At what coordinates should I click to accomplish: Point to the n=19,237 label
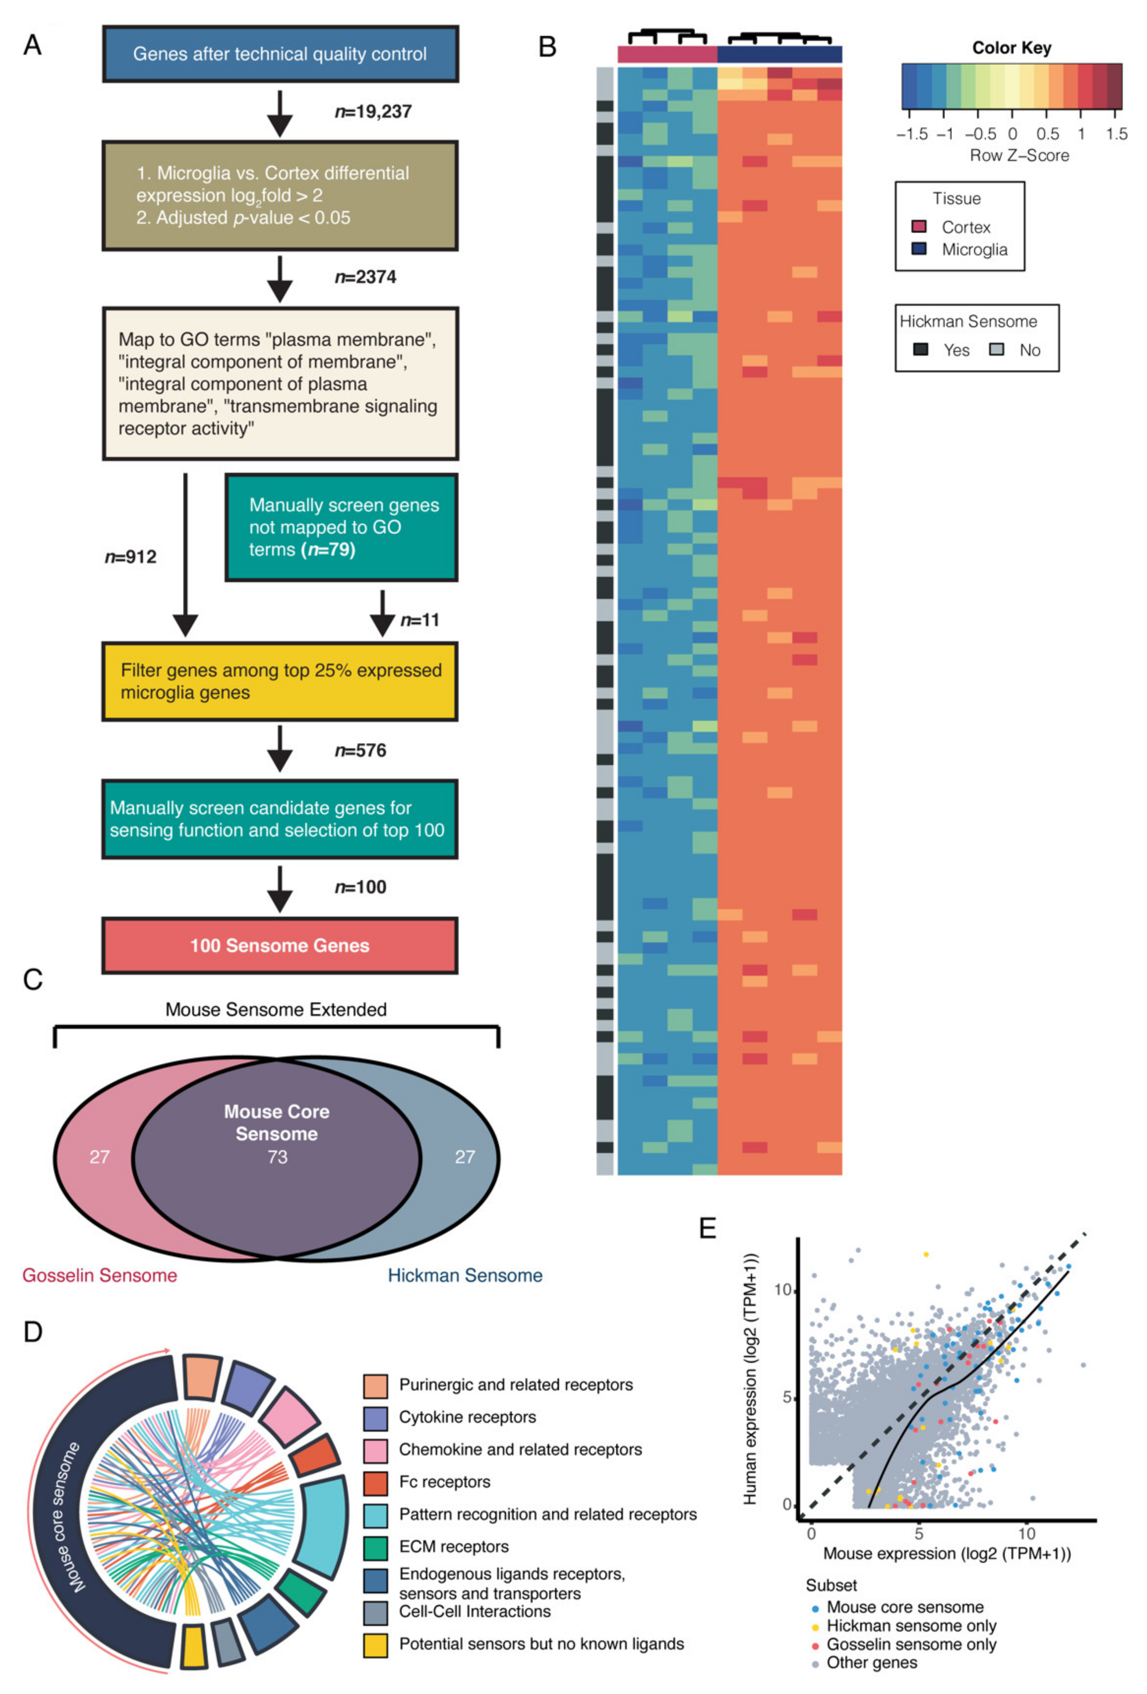(x=372, y=112)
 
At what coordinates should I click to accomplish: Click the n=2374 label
(x=365, y=277)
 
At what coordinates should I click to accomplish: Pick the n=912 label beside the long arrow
(x=131, y=557)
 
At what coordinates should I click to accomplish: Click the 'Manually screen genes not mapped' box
(x=341, y=527)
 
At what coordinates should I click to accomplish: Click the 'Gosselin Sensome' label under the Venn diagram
(x=100, y=1276)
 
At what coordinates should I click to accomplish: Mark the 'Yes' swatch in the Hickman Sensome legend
(x=921, y=350)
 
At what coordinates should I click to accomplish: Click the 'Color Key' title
(x=1011, y=48)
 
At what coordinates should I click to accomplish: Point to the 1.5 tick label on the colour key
(x=1116, y=134)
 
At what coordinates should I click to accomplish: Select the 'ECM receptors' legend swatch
(x=375, y=1547)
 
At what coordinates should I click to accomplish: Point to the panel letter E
(x=707, y=1228)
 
